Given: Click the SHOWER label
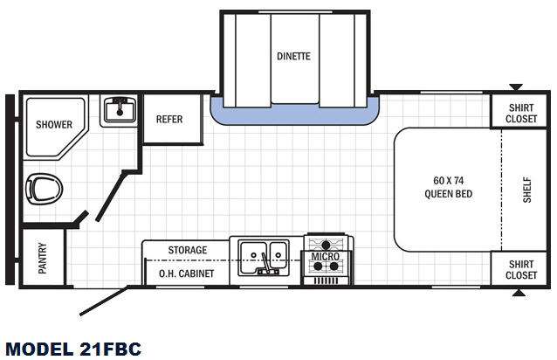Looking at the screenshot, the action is point(54,124).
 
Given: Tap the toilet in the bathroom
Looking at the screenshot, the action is point(44,189).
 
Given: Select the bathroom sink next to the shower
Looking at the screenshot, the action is point(120,110).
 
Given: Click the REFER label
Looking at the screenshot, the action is point(169,119).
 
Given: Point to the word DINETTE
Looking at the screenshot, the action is point(293,56).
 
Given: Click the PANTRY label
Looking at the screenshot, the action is point(42,258).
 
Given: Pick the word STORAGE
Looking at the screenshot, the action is point(188,250).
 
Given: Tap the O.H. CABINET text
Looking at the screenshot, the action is point(187,273).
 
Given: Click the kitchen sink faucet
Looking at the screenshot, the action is point(266,265).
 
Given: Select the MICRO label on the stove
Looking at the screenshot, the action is point(326,256).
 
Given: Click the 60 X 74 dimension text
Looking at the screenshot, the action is point(448,181).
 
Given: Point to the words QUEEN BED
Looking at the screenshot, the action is point(448,194).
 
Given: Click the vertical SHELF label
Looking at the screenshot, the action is point(526,190).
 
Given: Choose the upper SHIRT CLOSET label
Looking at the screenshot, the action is point(521,113).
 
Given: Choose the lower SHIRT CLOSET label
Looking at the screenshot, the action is point(521,270).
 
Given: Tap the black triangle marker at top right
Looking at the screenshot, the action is point(516,87).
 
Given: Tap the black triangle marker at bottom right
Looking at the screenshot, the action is point(519,293).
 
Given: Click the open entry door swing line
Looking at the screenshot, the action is point(103,301).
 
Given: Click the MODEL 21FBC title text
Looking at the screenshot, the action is point(73,349).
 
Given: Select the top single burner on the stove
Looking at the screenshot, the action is point(326,245).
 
